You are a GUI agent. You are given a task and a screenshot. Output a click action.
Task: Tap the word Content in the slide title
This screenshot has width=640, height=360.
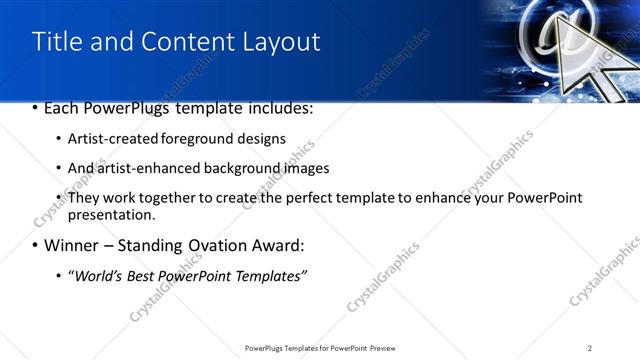coord(184,41)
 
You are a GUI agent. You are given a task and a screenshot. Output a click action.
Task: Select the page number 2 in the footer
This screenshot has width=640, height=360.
coord(589,347)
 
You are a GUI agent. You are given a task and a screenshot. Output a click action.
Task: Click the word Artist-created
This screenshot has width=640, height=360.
coord(107,138)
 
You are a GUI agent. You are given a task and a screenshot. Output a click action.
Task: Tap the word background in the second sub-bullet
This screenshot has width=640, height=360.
coord(239,168)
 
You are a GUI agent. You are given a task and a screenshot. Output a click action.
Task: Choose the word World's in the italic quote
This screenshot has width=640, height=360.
coord(95,275)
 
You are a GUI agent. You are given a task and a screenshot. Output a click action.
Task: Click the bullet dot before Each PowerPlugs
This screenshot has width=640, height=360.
coord(35,108)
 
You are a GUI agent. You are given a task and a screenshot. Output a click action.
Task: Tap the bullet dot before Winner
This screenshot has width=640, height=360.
coord(35,245)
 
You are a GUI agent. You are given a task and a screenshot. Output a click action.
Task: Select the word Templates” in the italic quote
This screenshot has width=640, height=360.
coord(268,275)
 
